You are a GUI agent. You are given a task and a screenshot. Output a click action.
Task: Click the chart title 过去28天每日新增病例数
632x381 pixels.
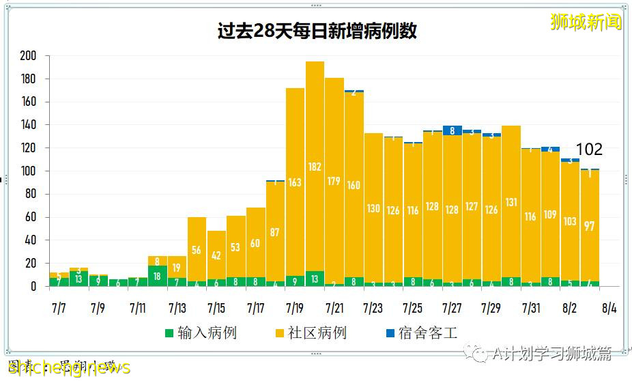(x=316, y=31)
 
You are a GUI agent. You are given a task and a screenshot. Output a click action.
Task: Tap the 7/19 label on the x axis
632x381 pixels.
(x=295, y=308)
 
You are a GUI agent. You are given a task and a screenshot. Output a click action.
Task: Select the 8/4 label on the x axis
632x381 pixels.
(x=609, y=308)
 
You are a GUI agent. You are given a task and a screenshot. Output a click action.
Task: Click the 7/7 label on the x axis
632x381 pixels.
(x=59, y=308)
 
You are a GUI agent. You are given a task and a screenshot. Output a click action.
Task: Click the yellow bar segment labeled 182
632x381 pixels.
(x=315, y=166)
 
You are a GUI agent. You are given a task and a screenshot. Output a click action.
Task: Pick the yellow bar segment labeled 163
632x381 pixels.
(x=295, y=182)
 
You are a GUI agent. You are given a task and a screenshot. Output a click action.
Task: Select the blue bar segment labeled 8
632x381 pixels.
(x=453, y=130)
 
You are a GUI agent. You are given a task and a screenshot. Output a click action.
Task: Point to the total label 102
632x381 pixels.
(x=589, y=150)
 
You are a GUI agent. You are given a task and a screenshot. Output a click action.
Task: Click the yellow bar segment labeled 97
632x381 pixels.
(x=590, y=225)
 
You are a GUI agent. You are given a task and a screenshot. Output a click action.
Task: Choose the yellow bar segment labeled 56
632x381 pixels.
(x=197, y=250)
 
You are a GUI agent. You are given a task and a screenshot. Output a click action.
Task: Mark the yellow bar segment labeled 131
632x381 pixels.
(x=511, y=201)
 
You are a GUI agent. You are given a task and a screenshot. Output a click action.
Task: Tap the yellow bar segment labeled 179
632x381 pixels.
(x=334, y=181)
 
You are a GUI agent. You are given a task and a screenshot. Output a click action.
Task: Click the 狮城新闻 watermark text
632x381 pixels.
(x=586, y=23)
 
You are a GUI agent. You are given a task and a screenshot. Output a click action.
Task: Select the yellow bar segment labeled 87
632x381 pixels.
(x=275, y=231)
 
